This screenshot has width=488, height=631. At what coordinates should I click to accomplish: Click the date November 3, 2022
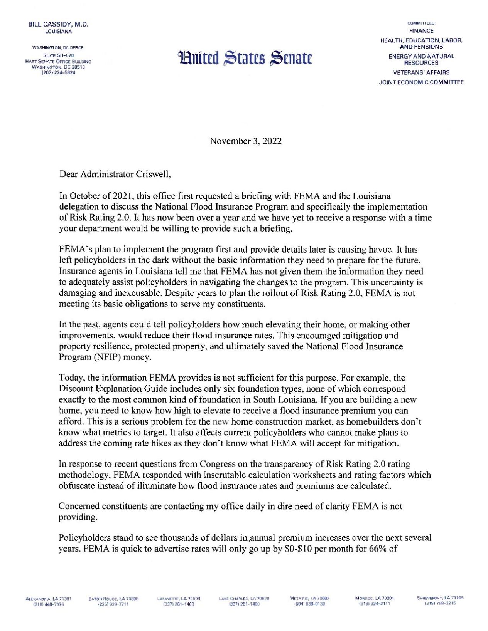coord(245,141)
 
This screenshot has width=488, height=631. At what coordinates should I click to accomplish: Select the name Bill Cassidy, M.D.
coord(59,24)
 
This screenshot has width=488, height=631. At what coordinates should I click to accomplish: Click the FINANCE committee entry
coord(421,31)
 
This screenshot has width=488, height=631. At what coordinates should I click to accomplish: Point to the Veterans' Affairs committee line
coord(421,72)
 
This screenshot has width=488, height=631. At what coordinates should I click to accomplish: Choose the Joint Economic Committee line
coord(421,82)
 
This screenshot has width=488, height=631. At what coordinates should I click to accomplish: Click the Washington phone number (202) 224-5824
coord(58,72)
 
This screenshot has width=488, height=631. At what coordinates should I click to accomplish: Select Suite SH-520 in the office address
coord(58,56)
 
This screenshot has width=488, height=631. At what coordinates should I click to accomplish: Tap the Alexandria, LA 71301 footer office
coord(49,599)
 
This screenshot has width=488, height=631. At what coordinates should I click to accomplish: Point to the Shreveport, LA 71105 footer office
coord(440,598)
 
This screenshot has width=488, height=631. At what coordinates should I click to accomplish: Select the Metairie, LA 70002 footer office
coord(309,599)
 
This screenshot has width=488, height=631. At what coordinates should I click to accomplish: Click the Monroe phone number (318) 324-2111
coord(375,604)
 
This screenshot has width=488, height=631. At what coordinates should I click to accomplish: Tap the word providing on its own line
coord(77,517)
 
